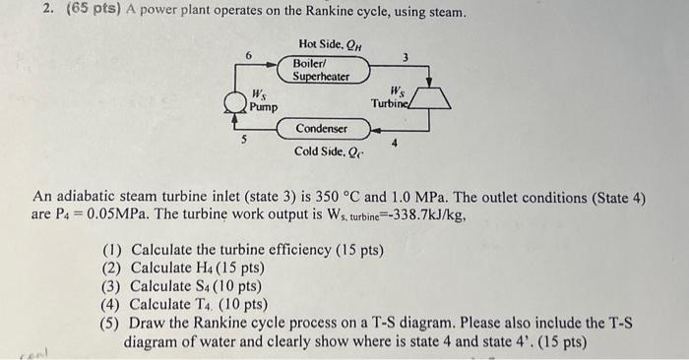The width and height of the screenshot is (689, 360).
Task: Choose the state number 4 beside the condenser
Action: [395, 144]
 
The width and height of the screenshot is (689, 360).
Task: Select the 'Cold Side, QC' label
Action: [326, 151]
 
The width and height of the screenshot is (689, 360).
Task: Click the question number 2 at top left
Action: [18, 13]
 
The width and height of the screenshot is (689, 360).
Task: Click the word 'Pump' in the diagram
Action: [263, 106]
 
